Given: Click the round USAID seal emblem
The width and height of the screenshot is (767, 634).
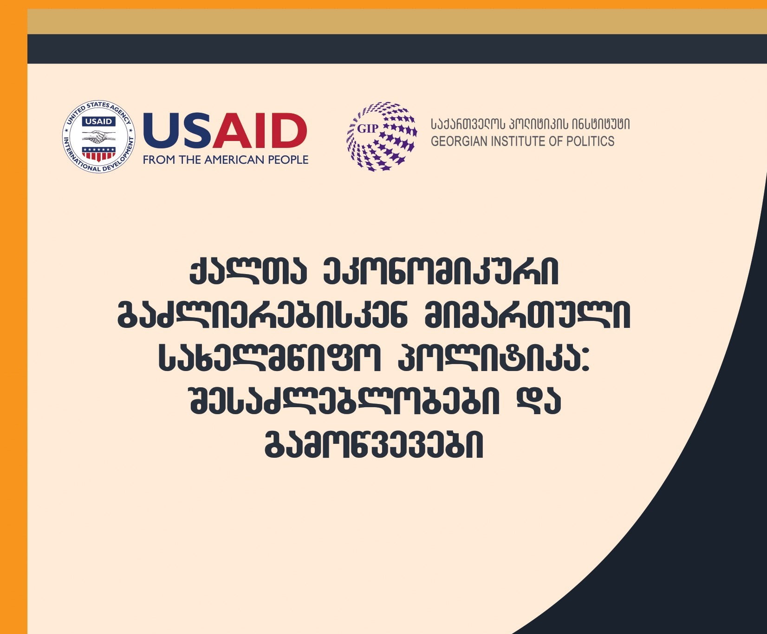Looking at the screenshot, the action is (x=99, y=137).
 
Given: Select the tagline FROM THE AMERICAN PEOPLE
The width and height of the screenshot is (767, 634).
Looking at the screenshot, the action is (x=226, y=160).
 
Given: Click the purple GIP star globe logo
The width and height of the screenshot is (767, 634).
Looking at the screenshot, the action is (x=382, y=136).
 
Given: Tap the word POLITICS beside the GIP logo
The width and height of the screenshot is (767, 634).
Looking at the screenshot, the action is (x=592, y=141).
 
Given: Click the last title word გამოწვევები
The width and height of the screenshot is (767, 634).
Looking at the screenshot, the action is (x=374, y=445).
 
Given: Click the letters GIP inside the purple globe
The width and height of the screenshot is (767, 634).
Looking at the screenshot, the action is (x=368, y=128).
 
